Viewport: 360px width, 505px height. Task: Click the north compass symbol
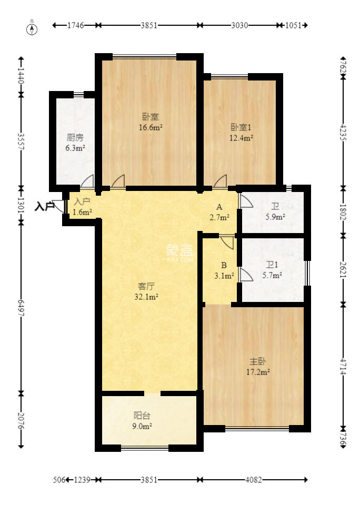click(32, 29)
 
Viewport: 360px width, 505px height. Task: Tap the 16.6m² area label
click(151, 127)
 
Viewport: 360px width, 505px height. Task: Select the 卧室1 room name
click(241, 127)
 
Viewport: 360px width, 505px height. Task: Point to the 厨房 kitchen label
click(75, 137)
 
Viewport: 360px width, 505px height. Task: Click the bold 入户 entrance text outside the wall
click(45, 206)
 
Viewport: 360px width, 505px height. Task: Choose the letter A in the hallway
click(219, 207)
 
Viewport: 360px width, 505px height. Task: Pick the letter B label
click(224, 265)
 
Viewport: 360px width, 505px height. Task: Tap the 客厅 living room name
click(146, 286)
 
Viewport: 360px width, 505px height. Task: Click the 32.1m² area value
click(146, 297)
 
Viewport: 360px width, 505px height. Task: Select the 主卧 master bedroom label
click(258, 361)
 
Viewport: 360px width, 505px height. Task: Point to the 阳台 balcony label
click(142, 416)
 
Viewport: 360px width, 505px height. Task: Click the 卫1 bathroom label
click(272, 265)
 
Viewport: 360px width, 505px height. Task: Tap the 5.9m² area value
click(275, 217)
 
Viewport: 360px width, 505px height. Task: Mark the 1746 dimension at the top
click(75, 25)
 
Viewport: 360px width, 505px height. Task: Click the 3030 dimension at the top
click(239, 25)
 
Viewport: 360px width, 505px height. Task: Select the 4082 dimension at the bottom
click(253, 480)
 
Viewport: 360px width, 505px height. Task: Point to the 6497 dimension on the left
click(21, 308)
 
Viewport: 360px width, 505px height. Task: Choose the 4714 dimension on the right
click(343, 367)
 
